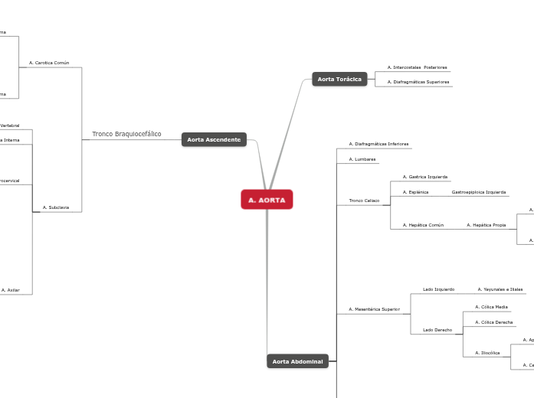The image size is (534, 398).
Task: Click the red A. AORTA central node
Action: (x=267, y=200)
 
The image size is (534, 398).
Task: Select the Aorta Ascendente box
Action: (x=214, y=139)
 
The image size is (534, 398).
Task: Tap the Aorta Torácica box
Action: (x=339, y=79)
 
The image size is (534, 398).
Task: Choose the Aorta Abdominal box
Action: (x=297, y=361)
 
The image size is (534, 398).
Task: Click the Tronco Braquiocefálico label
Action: (x=126, y=134)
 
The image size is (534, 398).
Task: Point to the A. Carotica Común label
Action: (x=49, y=63)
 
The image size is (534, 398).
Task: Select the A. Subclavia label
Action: (x=56, y=207)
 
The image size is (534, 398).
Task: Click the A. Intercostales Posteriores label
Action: (x=417, y=67)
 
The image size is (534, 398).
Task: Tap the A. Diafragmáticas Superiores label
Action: (x=418, y=81)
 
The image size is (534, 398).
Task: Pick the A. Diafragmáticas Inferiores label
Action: (x=378, y=144)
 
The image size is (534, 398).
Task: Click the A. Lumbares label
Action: (x=362, y=159)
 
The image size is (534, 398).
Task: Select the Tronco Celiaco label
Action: (x=364, y=201)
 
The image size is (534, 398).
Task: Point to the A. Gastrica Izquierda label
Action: (x=424, y=177)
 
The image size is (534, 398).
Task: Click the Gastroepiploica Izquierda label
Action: (x=478, y=192)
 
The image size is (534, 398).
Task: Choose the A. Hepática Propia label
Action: (x=486, y=225)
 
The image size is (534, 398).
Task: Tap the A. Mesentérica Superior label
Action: (x=374, y=309)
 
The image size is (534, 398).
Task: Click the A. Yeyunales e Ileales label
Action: (x=500, y=289)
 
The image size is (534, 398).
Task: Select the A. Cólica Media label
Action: (x=491, y=307)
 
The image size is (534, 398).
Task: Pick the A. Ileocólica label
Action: (x=486, y=353)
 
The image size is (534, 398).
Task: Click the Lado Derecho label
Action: (x=437, y=330)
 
